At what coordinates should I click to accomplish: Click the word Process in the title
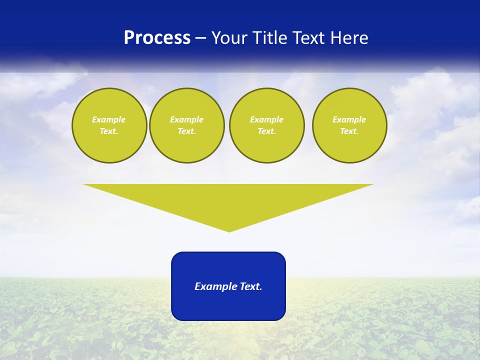(157, 38)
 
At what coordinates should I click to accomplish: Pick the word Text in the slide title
(309, 38)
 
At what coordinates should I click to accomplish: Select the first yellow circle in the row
(109, 125)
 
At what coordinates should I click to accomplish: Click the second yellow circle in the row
(187, 125)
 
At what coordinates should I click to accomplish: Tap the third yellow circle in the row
(266, 125)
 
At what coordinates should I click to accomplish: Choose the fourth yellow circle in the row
(349, 125)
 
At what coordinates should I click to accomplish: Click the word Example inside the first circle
(109, 119)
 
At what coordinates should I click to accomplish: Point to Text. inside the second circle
(187, 131)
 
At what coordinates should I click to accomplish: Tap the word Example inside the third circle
(266, 119)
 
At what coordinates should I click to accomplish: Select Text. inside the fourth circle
(349, 131)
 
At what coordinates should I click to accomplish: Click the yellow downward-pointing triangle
(228, 200)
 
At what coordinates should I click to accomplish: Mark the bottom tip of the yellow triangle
(229, 231)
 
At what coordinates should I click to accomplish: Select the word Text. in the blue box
(251, 286)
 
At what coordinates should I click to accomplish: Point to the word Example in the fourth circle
(349, 119)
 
